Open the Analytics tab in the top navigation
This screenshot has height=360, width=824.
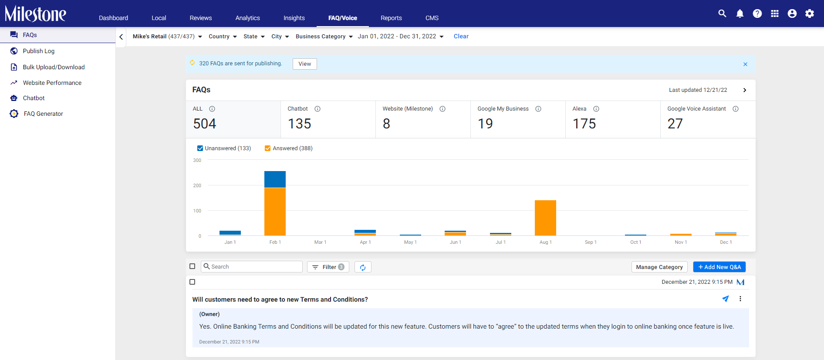click(x=247, y=18)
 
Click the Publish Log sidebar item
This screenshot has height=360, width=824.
click(x=39, y=51)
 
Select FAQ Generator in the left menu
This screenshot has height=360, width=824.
click(x=43, y=114)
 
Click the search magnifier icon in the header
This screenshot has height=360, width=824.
click(x=722, y=13)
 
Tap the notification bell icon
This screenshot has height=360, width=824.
click(x=740, y=13)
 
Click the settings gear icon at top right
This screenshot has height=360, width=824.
click(x=809, y=13)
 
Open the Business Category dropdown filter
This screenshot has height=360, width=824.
click(x=324, y=37)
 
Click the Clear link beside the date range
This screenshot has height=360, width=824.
click(x=461, y=37)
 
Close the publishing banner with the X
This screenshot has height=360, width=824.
click(x=745, y=64)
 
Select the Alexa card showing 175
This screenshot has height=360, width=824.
click(x=613, y=119)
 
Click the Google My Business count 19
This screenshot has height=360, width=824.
click(x=485, y=124)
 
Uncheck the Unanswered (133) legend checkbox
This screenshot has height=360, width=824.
click(x=200, y=148)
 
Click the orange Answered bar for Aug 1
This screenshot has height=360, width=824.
click(x=545, y=218)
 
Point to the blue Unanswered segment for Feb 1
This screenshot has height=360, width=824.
click(x=275, y=179)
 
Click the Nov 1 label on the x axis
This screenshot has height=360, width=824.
click(x=681, y=242)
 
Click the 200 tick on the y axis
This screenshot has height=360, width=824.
click(x=197, y=185)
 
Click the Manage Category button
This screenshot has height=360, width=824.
click(x=659, y=267)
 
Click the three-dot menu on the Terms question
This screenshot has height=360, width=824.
click(x=740, y=299)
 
